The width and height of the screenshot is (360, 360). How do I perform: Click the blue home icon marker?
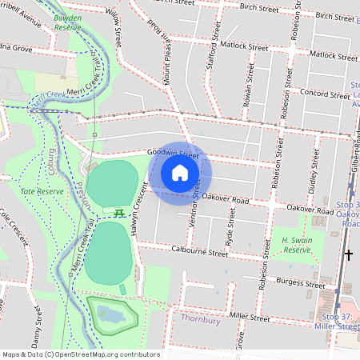[180, 173]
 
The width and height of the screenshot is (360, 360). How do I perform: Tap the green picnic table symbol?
[118, 213]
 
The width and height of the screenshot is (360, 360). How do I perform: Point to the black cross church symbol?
[348, 256]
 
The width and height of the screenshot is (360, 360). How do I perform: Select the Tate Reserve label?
[42, 192]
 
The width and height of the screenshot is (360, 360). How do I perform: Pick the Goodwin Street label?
[171, 153]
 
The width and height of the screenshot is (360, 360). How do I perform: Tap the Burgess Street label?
[296, 283]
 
